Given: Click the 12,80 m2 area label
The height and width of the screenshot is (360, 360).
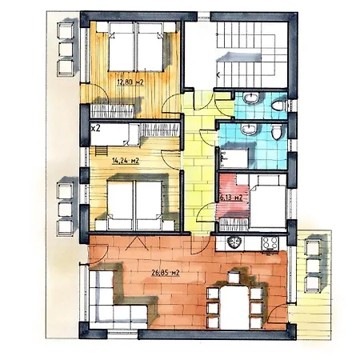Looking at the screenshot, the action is point(130,82).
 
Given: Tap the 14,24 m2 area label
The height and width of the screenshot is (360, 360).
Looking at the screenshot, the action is point(126,161).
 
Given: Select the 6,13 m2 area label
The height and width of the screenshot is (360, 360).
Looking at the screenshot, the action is point(231,198).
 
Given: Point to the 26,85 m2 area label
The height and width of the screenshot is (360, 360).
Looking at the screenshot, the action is point(166,273).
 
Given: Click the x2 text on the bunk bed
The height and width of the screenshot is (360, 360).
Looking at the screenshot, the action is point(95,129).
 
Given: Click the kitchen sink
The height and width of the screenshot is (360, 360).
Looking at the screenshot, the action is point(234,243).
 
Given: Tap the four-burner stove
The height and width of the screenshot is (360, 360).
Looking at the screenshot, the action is point(270,243).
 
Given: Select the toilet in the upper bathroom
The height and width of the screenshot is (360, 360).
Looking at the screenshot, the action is point(278,106).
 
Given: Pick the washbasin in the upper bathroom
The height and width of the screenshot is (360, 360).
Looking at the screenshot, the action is point(250,98).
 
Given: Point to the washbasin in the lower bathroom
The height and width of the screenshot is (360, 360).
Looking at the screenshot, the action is point(249,129).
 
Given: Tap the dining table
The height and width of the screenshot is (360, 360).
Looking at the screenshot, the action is point(234,306).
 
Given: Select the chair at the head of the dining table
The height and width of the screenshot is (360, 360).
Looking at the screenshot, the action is point(234,278).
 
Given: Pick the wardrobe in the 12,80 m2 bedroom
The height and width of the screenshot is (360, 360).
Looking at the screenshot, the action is point(112,111).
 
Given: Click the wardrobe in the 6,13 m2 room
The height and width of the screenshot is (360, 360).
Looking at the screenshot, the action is point(234,225).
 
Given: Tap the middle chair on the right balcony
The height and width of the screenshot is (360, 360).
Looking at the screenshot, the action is point(313,266).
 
